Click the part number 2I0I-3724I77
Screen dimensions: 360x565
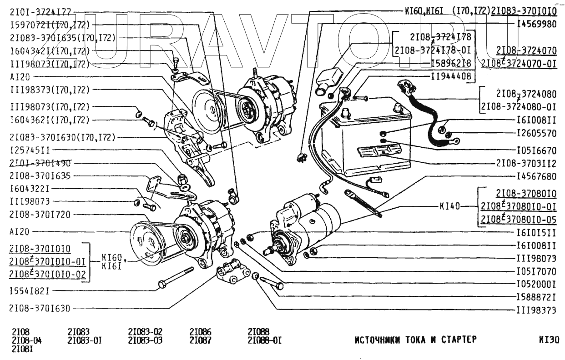coord(40,12)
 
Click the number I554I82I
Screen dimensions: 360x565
coord(29,290)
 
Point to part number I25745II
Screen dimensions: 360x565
coord(29,150)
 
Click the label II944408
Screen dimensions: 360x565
coord(451,76)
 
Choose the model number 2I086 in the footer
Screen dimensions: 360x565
coord(200,332)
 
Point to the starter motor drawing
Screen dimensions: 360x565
coord(305,227)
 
